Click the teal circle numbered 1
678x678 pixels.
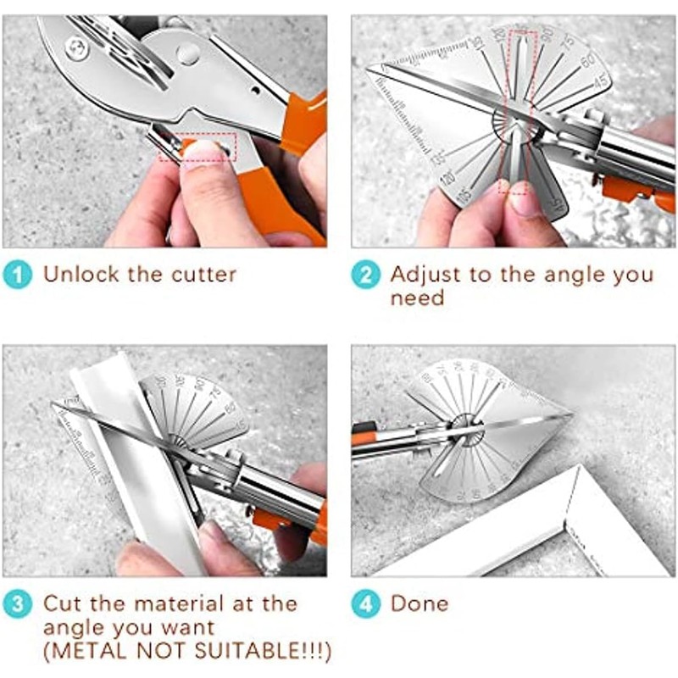tap(19, 274)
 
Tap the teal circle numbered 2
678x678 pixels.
tap(367, 274)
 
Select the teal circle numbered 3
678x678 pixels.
tap(19, 603)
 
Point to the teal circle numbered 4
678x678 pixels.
tap(367, 603)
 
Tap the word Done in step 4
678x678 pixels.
tap(419, 603)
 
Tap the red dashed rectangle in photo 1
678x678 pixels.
tap(197, 147)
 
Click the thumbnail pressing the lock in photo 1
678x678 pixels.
tap(202, 154)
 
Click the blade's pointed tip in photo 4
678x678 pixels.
tap(570, 416)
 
